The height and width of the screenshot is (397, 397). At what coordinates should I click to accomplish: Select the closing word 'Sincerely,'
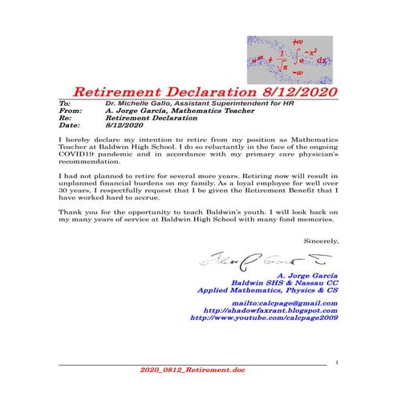coord(322,240)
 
